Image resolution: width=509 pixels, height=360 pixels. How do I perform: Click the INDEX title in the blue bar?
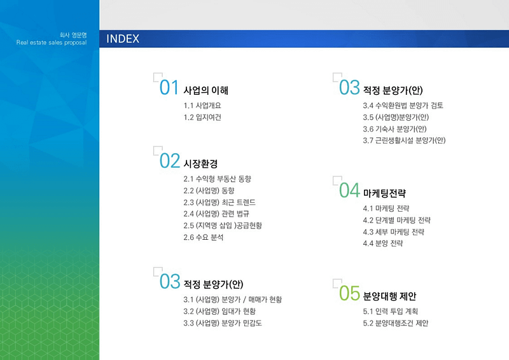[123, 39]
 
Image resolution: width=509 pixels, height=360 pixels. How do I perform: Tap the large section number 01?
[169, 88]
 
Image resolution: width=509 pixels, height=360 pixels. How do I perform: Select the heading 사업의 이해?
[206, 90]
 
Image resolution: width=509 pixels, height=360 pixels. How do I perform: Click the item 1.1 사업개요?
[202, 106]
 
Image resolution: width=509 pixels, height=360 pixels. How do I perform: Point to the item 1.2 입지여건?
[202, 117]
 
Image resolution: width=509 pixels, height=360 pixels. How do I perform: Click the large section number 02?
[169, 161]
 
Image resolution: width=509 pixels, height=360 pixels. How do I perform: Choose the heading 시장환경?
[200, 163]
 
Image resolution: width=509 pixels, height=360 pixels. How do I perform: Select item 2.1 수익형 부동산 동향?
[217, 179]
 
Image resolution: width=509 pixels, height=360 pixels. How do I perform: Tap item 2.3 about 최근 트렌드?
[220, 202]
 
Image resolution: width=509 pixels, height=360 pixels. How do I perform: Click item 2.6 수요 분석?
[203, 237]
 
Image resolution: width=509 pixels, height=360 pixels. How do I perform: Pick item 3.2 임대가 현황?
[220, 311]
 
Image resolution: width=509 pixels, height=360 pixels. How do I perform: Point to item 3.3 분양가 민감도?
[222, 323]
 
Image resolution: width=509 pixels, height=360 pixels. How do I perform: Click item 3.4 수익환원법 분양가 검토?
[403, 106]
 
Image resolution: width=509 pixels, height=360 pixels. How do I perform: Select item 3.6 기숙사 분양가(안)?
[394, 129]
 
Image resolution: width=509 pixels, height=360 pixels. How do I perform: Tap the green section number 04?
[349, 191]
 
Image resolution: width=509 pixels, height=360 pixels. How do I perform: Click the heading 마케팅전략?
[384, 193]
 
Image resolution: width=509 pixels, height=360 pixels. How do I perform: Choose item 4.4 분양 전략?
[383, 243]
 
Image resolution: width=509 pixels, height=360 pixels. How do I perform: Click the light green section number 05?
[349, 293]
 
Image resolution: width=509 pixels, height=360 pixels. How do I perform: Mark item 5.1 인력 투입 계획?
[390, 311]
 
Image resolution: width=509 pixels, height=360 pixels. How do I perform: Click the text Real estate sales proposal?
[52, 43]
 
